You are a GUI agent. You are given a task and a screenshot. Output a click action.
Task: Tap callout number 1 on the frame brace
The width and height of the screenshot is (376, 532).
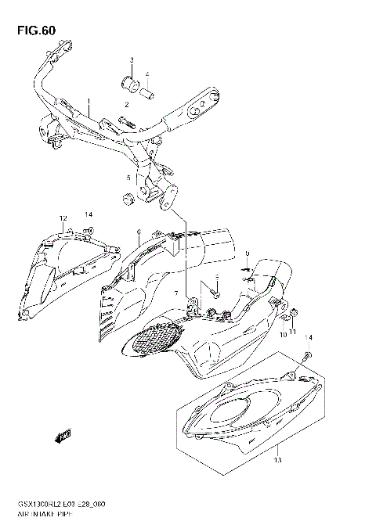[89, 102]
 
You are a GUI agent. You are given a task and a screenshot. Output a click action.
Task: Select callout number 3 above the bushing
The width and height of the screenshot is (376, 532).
[132, 60]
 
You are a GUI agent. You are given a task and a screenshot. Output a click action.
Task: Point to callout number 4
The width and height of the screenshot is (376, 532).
[146, 74]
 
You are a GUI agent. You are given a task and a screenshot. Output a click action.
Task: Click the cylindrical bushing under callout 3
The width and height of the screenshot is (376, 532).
[130, 83]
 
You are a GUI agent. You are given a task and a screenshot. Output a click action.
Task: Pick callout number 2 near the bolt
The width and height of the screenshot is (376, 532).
[125, 104]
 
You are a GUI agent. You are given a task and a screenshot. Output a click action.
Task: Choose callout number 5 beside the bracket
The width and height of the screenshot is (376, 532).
[128, 178]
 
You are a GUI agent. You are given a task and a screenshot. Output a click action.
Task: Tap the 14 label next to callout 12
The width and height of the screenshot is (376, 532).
[89, 214]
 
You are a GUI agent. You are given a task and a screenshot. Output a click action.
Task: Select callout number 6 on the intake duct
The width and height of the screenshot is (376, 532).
[138, 232]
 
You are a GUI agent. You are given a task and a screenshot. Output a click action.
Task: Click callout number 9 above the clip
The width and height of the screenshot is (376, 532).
[246, 253]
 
